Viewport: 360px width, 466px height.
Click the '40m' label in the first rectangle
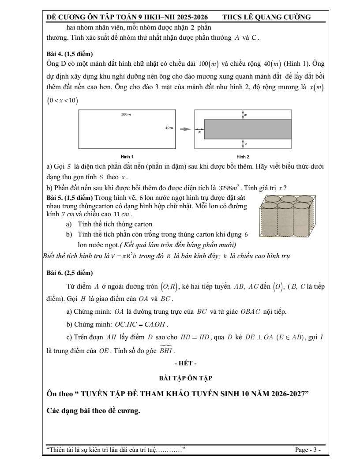pos(169,128)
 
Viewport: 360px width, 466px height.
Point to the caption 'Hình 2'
pos(243,157)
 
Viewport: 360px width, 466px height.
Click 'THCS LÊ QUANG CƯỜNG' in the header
pos(266,17)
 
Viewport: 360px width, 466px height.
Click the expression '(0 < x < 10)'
pos(62,101)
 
